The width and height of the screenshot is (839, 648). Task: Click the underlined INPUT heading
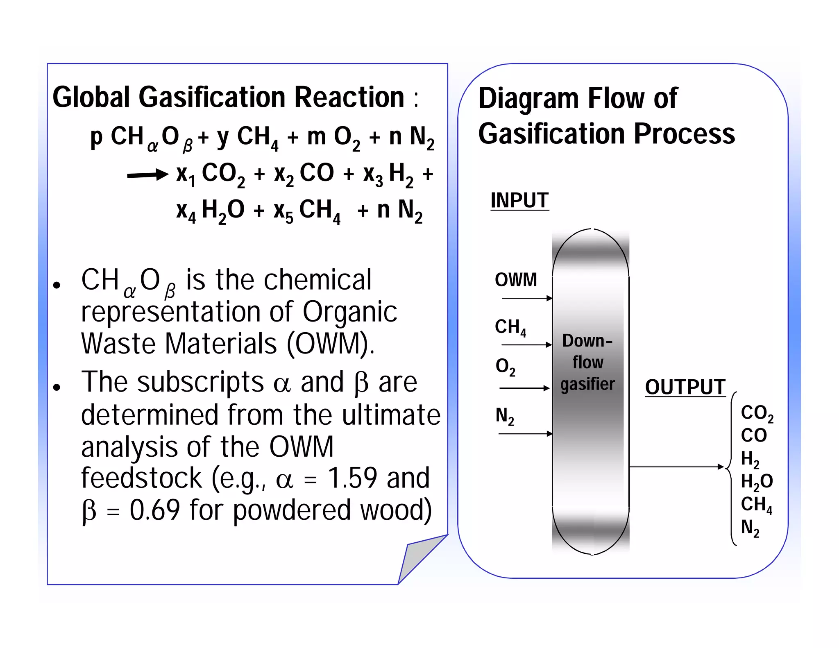[519, 200]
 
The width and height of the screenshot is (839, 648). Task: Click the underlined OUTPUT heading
[685, 387]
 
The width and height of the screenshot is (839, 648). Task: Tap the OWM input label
[516, 280]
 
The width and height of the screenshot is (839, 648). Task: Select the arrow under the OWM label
[527, 298]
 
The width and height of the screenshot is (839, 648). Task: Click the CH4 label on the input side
[510, 327]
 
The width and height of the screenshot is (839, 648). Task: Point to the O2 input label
[505, 366]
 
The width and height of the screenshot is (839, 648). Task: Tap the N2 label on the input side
[504, 416]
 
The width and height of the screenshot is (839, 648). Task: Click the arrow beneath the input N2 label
[525, 433]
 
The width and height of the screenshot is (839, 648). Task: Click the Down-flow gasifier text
[587, 363]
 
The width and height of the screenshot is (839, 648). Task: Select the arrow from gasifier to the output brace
[676, 467]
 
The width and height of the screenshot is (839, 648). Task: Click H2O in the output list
[756, 481]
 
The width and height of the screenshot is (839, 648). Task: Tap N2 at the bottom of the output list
[750, 528]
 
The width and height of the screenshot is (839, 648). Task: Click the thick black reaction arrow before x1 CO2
[147, 175]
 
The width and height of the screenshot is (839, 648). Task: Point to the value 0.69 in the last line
[155, 510]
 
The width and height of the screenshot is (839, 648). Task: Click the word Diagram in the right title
[529, 99]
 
